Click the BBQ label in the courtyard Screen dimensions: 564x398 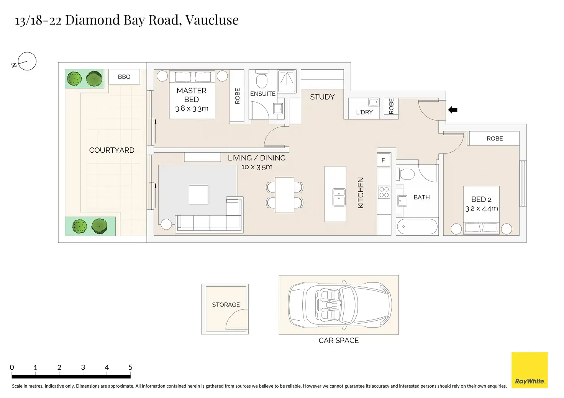pos(124,77)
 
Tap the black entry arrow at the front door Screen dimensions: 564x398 pos(453,110)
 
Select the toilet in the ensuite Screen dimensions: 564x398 pos(262,80)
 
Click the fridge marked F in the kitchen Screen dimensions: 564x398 pos(383,160)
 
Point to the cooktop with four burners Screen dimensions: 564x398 pos(384,192)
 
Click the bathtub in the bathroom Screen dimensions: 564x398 pos(417,227)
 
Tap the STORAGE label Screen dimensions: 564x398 pos(226,305)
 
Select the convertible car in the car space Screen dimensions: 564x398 pos(340,305)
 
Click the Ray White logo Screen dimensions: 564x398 pos(530,370)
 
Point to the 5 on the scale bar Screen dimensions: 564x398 pos(130,367)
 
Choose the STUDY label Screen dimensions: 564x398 pos(322,97)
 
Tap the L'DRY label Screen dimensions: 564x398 pos(364,112)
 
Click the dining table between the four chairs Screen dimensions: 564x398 pos(285,195)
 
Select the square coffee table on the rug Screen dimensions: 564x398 pos(198,195)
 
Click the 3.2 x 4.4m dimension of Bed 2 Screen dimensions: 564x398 pos(481,209)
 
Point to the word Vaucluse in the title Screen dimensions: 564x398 pos(212,20)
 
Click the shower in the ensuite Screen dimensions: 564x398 pos(287,81)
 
